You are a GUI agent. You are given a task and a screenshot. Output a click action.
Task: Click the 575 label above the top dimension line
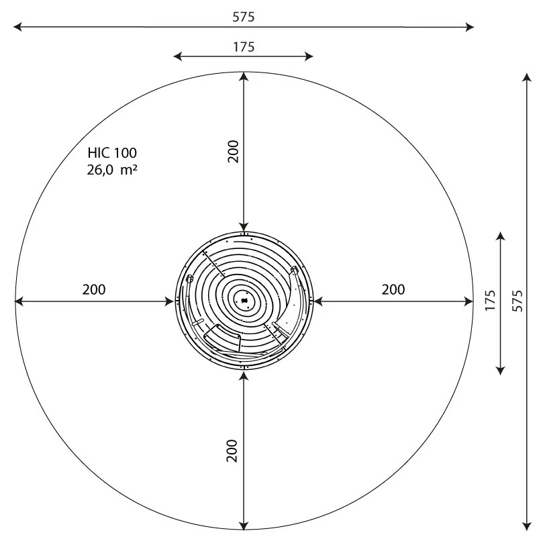click(x=244, y=17)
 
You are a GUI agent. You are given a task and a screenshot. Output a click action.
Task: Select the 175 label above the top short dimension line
click(x=244, y=47)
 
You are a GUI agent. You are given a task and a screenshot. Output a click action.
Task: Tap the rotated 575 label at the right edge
click(x=516, y=300)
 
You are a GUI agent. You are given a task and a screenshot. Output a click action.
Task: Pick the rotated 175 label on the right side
click(x=490, y=300)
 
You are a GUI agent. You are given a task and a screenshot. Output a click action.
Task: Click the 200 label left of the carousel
click(x=94, y=290)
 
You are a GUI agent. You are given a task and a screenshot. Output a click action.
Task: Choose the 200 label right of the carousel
click(x=393, y=290)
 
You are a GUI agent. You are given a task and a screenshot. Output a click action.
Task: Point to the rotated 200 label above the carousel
click(x=232, y=152)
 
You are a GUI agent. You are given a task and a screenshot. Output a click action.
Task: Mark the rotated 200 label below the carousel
click(x=232, y=450)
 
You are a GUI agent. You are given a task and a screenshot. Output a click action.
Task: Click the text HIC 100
click(x=112, y=153)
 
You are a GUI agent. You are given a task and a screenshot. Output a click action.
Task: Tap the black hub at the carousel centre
click(x=244, y=300)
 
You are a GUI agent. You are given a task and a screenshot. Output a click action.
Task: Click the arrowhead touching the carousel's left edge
click(x=168, y=301)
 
